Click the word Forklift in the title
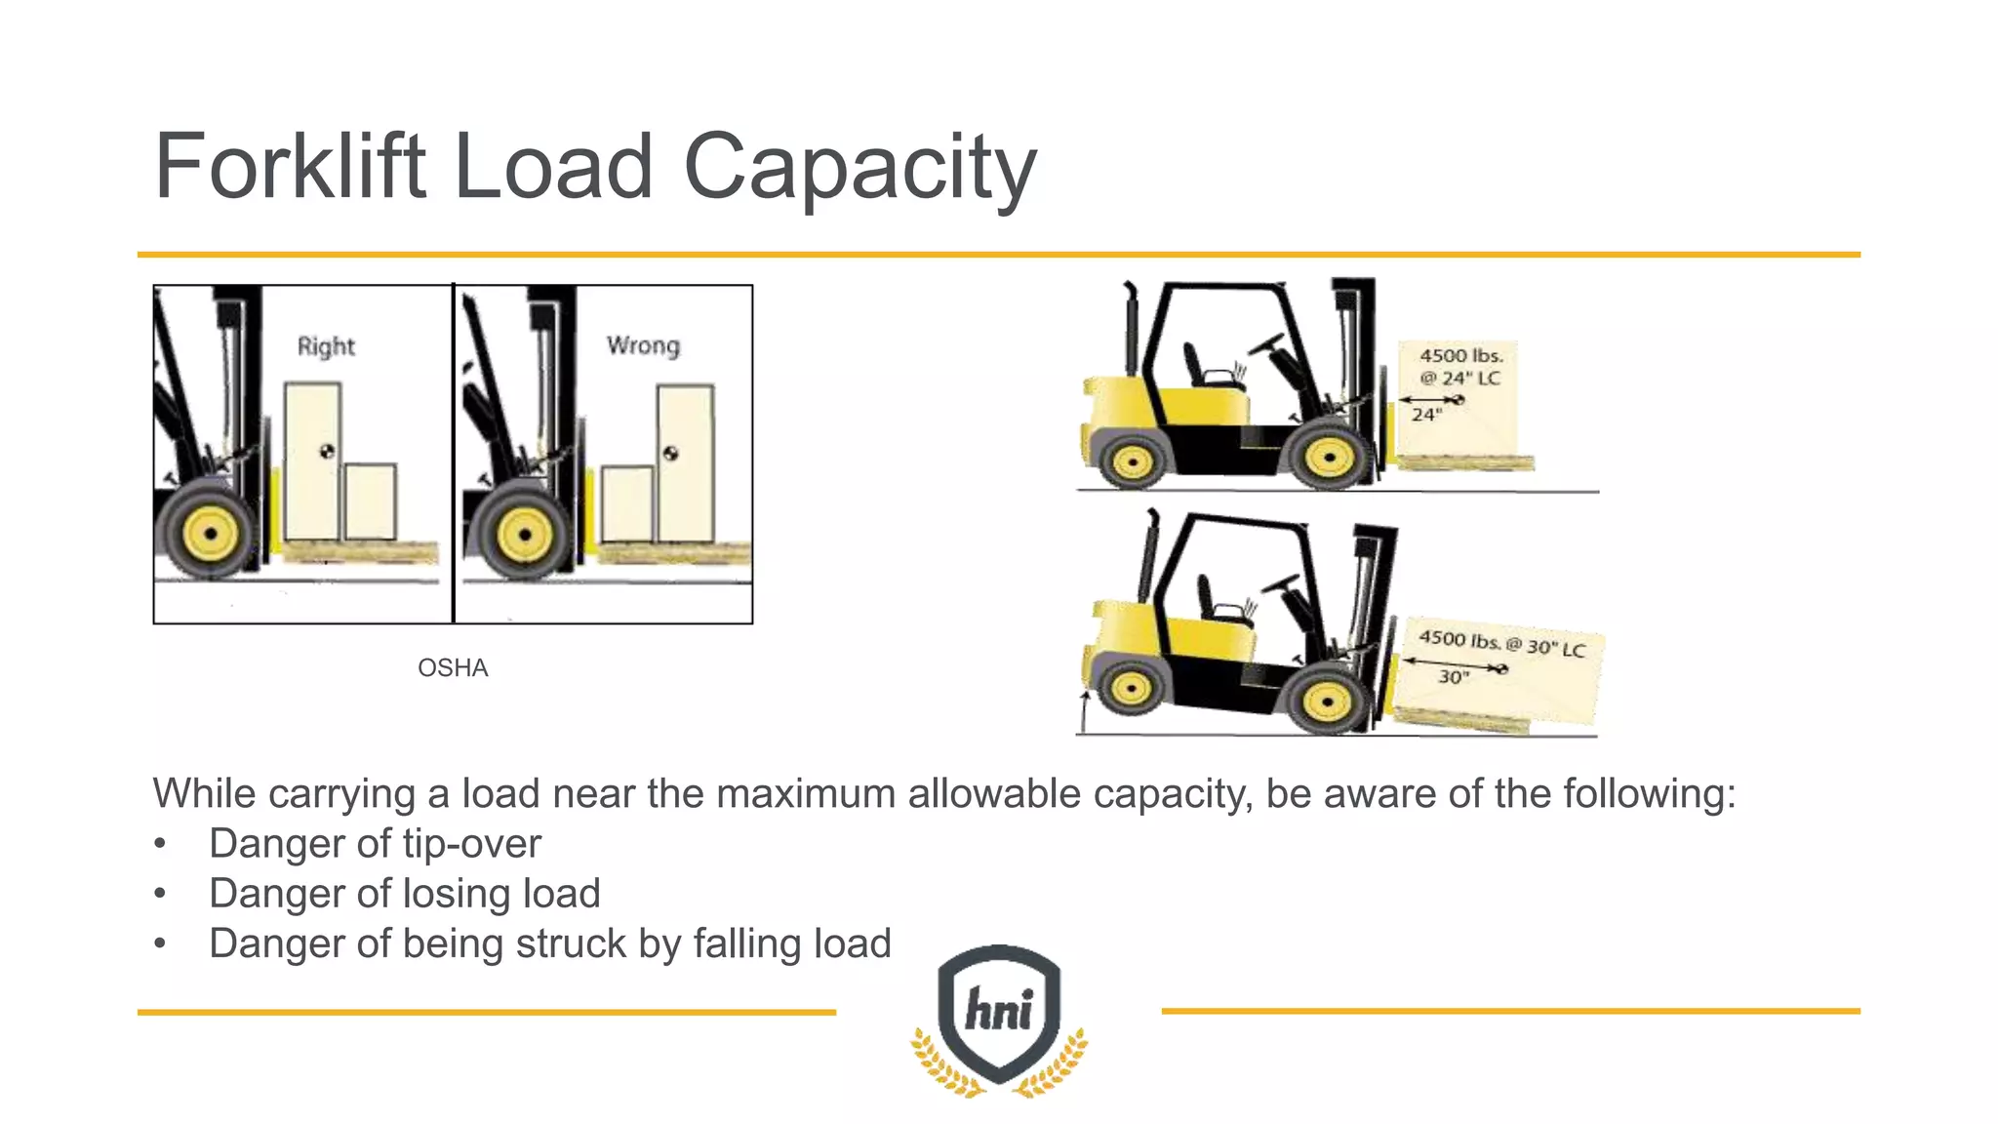[x=290, y=167]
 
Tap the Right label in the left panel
[x=326, y=346]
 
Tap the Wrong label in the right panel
[x=643, y=345]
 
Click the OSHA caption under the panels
[x=453, y=668]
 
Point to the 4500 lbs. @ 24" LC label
[x=1459, y=367]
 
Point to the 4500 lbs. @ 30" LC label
[x=1501, y=643]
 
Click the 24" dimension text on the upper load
[x=1425, y=416]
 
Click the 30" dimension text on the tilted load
[x=1453, y=677]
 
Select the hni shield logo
[x=999, y=1015]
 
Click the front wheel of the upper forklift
[x=1329, y=457]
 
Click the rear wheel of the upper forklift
[x=1132, y=461]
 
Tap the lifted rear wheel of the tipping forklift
[x=1131, y=687]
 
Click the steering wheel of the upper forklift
[x=1266, y=344]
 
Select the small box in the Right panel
[x=371, y=502]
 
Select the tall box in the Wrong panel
[x=685, y=462]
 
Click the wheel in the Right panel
[x=210, y=533]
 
